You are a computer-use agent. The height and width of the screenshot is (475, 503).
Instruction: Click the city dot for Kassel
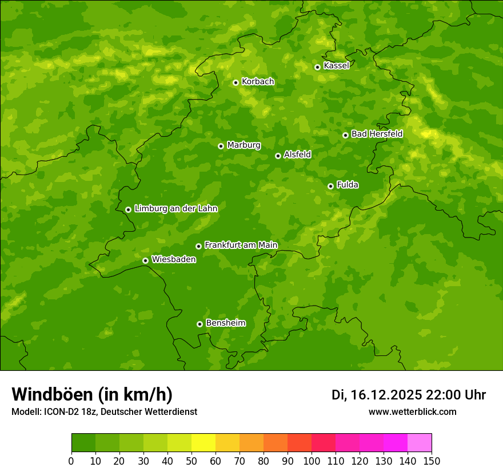317,67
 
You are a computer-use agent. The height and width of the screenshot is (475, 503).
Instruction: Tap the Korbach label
258,82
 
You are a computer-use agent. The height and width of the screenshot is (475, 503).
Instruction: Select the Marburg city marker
221,146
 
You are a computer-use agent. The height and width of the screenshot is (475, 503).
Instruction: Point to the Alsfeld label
297,155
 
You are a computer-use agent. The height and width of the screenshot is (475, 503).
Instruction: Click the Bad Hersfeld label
377,134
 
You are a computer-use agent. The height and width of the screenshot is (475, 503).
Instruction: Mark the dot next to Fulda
330,186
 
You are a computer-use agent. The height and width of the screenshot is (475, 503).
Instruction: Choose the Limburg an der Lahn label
175,209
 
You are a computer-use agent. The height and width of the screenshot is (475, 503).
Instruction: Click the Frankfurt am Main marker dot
198,246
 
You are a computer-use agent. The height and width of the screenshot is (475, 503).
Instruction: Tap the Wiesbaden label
174,260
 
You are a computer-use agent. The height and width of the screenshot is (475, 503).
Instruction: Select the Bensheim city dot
199,324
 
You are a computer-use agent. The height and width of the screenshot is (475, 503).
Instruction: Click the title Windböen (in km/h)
92,394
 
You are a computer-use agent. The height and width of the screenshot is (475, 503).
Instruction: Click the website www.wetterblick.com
413,411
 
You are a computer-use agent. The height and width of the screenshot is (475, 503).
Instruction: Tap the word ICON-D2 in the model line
59,411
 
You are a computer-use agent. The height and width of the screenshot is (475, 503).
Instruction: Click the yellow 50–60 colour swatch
203,443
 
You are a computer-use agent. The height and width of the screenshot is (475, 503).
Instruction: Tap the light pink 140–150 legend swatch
420,443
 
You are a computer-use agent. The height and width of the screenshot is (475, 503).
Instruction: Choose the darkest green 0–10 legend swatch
83,443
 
